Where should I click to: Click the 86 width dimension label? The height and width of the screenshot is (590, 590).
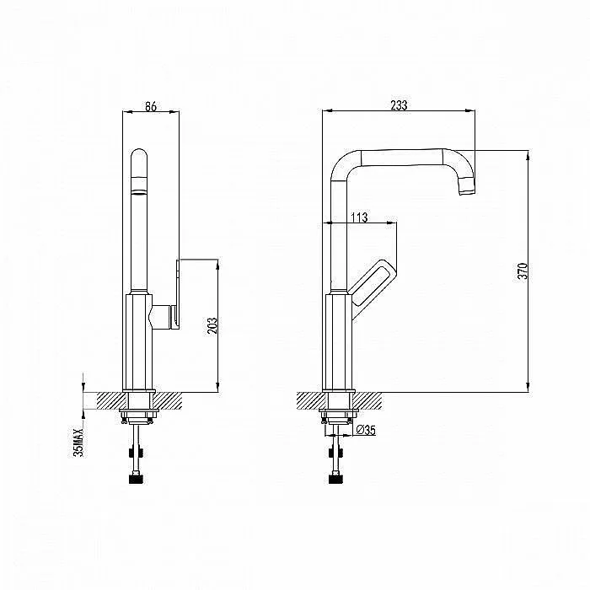click(x=151, y=106)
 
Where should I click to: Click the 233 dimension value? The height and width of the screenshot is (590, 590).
click(x=399, y=105)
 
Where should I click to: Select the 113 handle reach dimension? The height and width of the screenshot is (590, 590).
click(x=359, y=217)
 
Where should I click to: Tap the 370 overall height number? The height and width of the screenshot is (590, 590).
click(x=523, y=271)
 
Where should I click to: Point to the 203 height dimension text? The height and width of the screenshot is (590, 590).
click(x=212, y=326)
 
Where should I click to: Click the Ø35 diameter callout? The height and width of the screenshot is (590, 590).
click(x=365, y=429)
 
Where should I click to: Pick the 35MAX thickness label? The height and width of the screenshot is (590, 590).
click(x=78, y=442)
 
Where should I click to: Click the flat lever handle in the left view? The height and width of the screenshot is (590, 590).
click(x=176, y=293)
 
